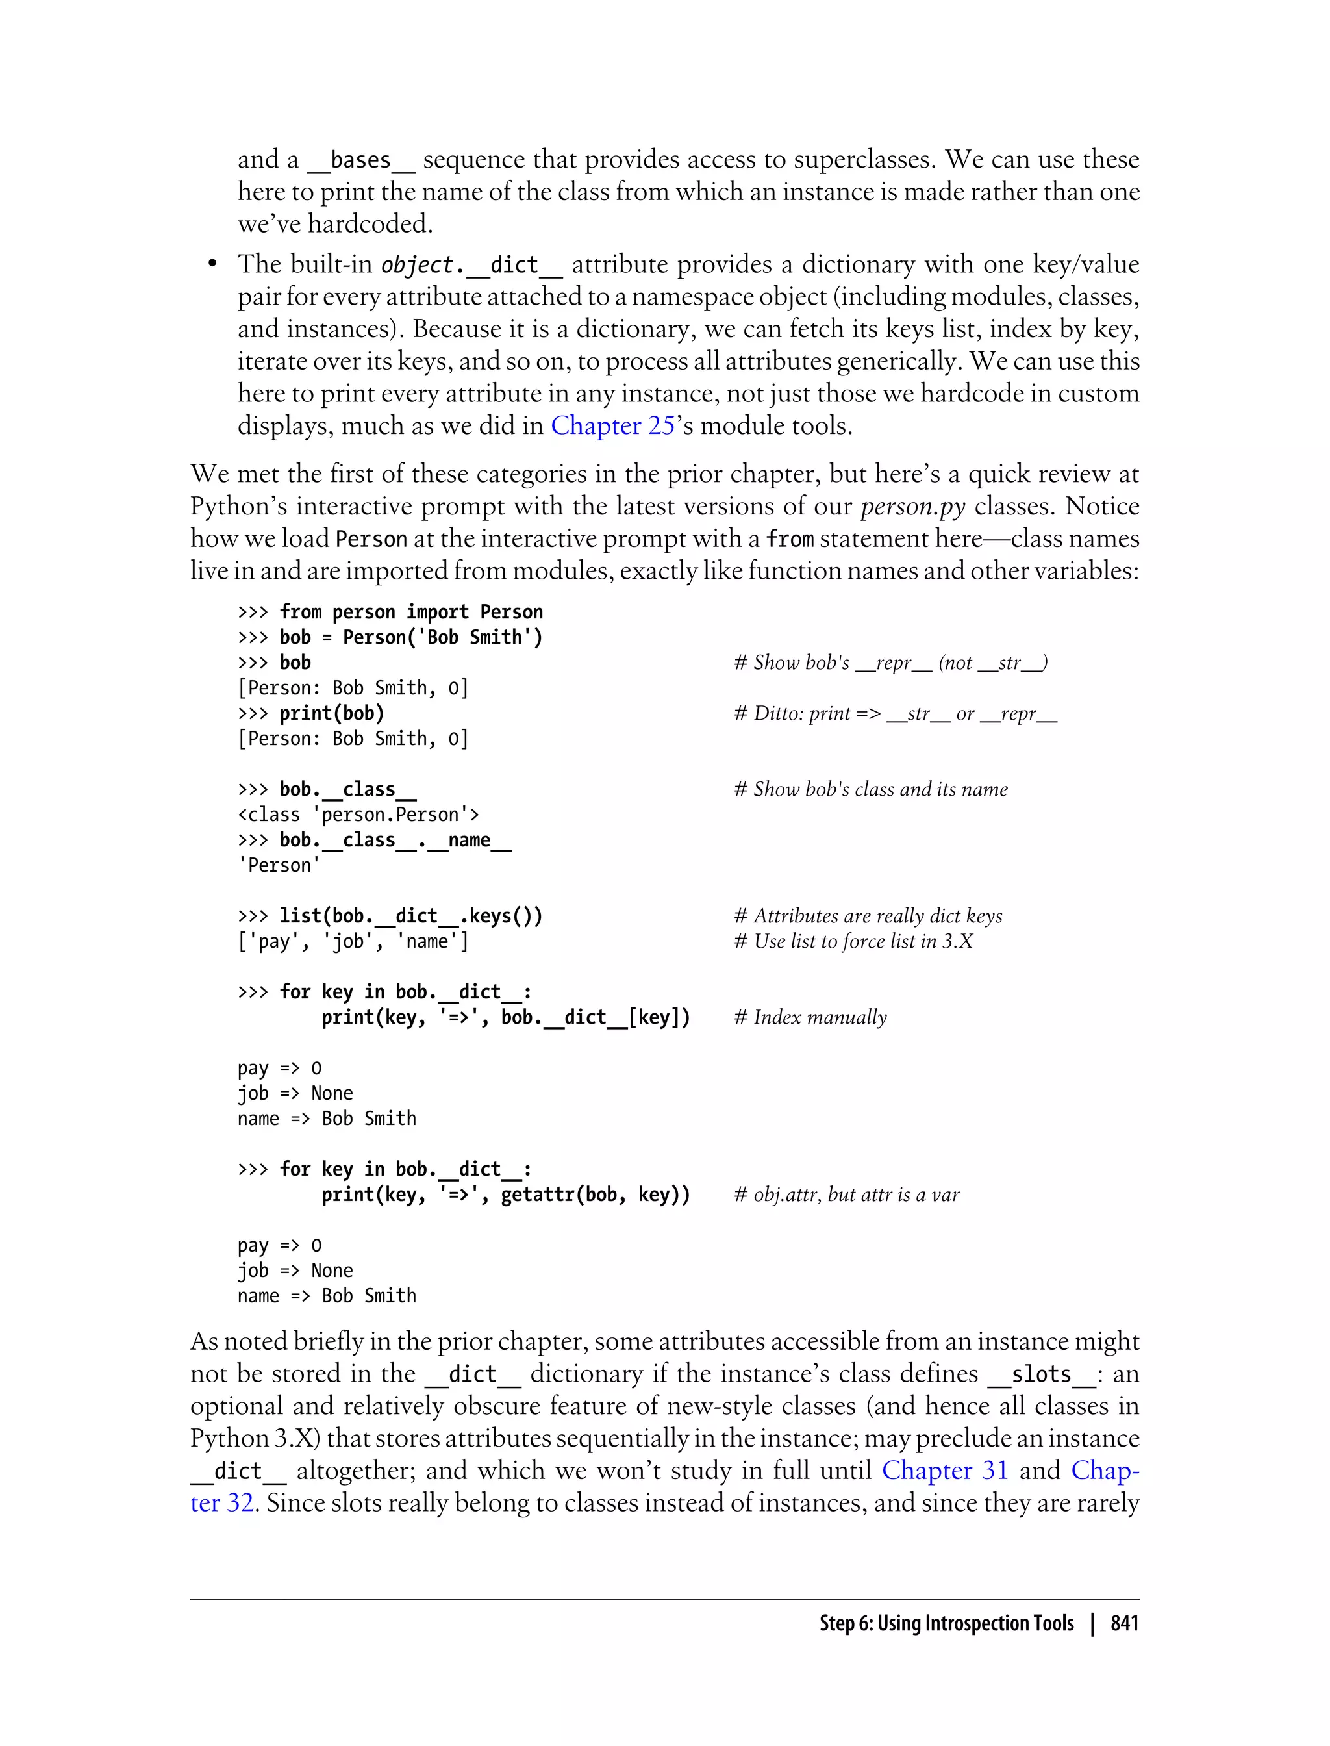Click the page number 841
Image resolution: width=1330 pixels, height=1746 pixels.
click(1123, 1623)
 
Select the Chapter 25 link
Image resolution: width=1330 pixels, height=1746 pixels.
click(612, 425)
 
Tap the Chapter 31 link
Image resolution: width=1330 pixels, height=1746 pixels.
click(944, 1470)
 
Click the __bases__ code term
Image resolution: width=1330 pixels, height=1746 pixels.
click(360, 160)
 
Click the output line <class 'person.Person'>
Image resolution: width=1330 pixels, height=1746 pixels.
click(358, 814)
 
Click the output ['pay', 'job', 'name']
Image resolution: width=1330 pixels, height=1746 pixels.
click(353, 941)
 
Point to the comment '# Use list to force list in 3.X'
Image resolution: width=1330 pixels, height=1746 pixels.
click(853, 941)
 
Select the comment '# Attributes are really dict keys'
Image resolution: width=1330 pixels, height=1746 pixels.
click(868, 915)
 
